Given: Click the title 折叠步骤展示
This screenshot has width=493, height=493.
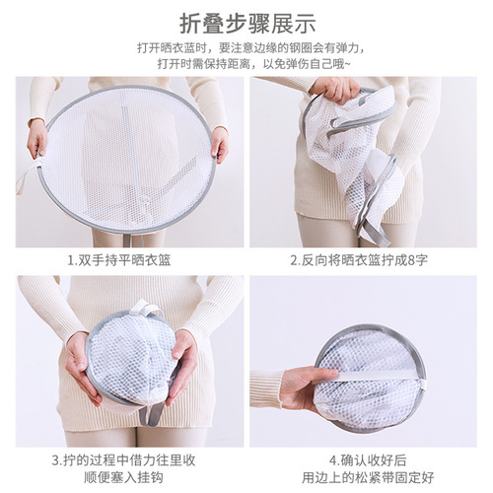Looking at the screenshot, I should click(246, 22).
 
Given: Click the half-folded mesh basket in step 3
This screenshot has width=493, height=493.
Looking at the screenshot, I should click(130, 360).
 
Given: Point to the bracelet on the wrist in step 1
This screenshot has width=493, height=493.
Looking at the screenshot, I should click(35, 122).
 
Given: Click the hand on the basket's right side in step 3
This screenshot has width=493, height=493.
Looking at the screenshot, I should click(182, 363).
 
